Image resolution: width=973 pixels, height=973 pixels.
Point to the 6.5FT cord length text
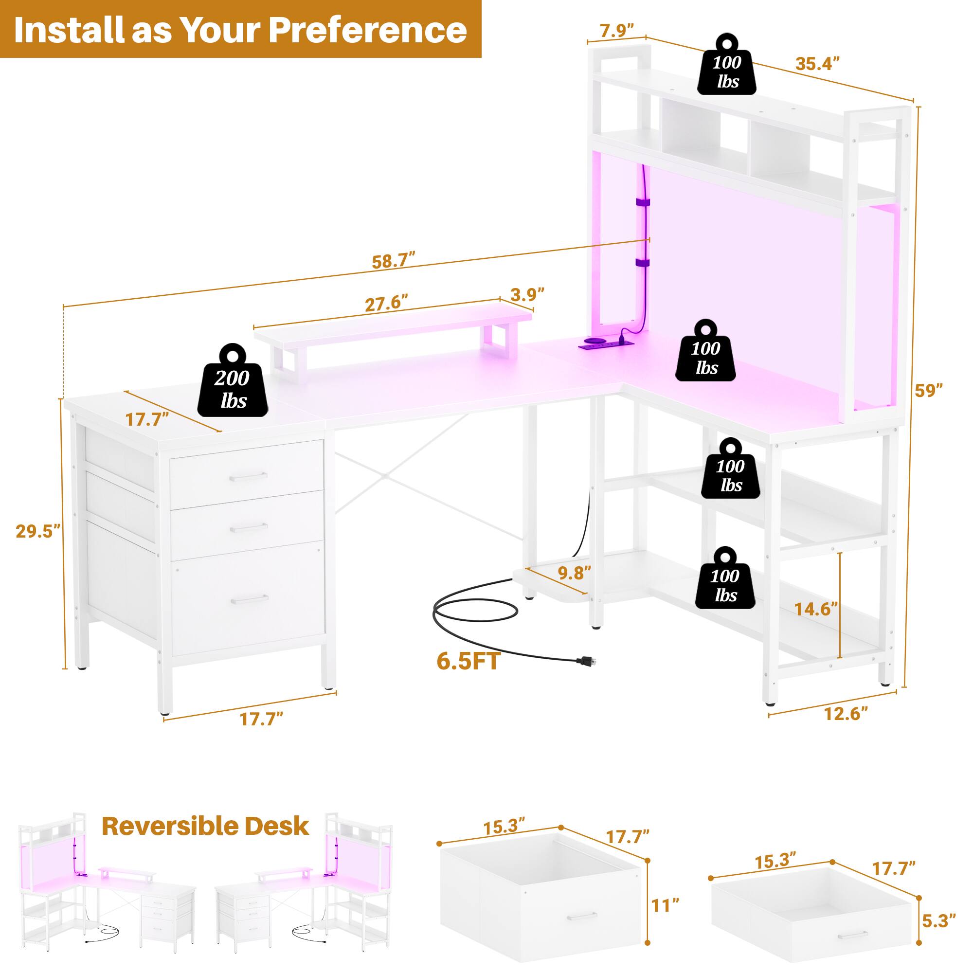point(468,661)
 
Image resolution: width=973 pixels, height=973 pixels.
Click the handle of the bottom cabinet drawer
point(249,598)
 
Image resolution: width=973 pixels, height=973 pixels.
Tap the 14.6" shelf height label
point(815,609)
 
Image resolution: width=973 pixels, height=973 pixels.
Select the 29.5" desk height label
point(38,531)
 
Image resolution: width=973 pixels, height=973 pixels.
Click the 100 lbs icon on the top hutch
point(726,72)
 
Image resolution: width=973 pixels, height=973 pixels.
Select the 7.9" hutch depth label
point(616,31)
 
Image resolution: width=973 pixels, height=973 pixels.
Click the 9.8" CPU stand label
point(574,573)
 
